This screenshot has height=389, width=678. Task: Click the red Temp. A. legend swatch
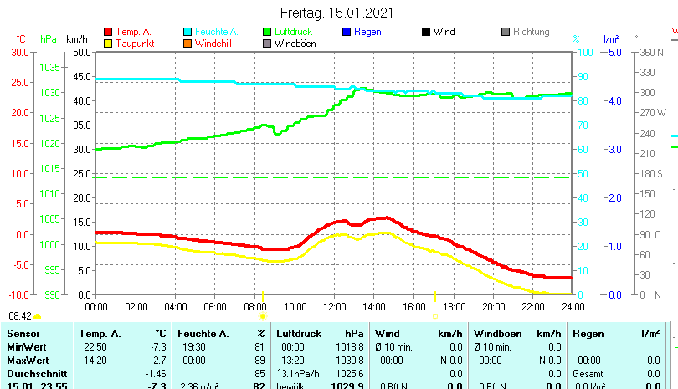coord(108,32)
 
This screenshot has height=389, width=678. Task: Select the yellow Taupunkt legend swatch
coord(108,43)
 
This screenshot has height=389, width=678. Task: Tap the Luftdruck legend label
coord(297,32)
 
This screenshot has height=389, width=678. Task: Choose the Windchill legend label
coord(214,43)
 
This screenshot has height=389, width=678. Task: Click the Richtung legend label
coord(531,32)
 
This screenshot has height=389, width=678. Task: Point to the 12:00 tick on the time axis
coord(334,306)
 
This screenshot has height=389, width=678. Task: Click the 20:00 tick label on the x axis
coord(493,306)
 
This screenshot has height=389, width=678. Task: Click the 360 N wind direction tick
coord(650,52)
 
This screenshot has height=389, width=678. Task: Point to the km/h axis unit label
coord(76,38)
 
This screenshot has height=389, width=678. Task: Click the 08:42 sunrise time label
coord(20,316)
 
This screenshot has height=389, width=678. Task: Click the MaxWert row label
coord(28,360)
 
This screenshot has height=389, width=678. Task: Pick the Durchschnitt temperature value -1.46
coord(156,372)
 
